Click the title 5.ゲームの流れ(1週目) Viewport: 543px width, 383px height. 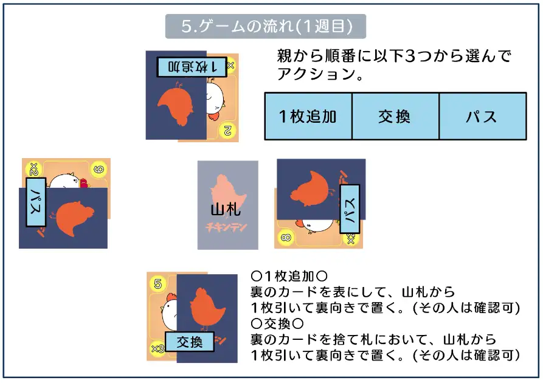click(266, 27)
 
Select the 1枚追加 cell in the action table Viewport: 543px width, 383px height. click(308, 116)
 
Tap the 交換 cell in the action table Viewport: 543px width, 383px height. click(395, 116)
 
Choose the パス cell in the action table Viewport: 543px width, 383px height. click(482, 116)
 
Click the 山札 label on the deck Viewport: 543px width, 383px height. click(226, 210)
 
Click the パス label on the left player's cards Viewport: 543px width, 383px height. click(36, 202)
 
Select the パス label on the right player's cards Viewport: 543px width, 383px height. click(350, 209)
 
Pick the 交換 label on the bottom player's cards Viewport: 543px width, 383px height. click(190, 342)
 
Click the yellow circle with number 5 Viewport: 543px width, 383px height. click(158, 283)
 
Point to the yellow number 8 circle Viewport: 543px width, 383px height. click(285, 236)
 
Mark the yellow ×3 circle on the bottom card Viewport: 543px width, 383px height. click(157, 349)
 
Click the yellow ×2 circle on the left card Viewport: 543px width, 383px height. click(33, 168)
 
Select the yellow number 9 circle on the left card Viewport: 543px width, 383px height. click(97, 169)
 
